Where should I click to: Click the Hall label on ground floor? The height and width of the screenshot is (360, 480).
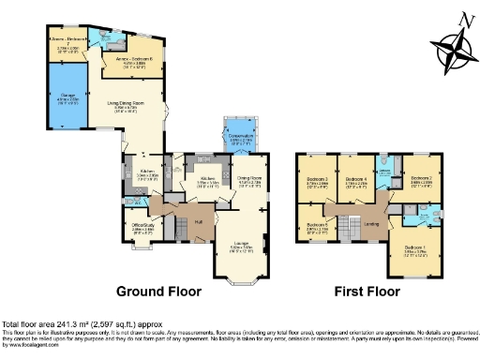(x=199, y=221)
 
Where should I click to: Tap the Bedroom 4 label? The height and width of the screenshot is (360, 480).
(x=355, y=181)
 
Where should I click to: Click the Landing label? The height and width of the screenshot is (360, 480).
(x=371, y=223)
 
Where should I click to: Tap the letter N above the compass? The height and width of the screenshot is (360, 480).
(x=454, y=19)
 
